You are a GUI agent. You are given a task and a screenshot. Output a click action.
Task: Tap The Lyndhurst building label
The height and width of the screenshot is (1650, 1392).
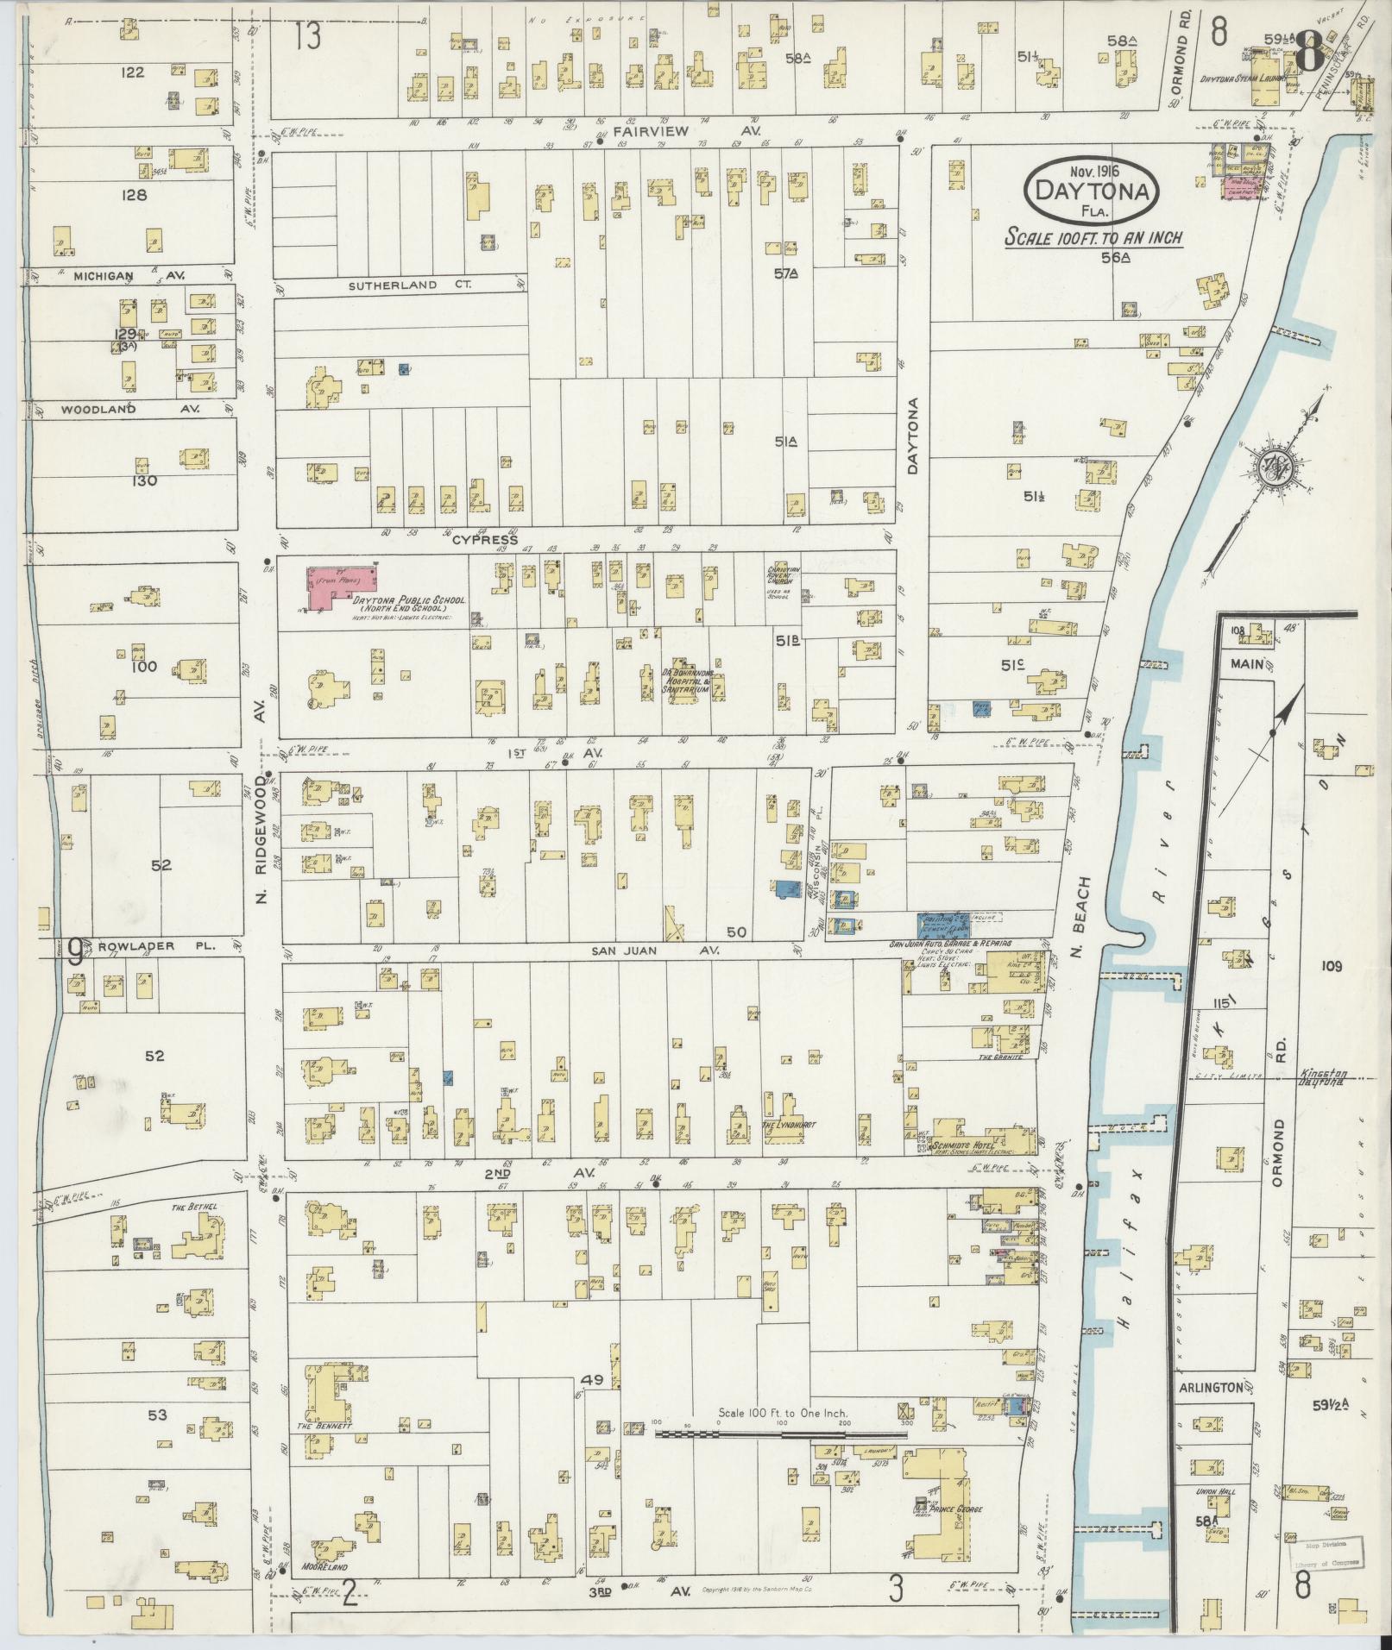click(783, 1125)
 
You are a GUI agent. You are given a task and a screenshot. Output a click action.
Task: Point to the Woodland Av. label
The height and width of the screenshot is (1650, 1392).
click(129, 409)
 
